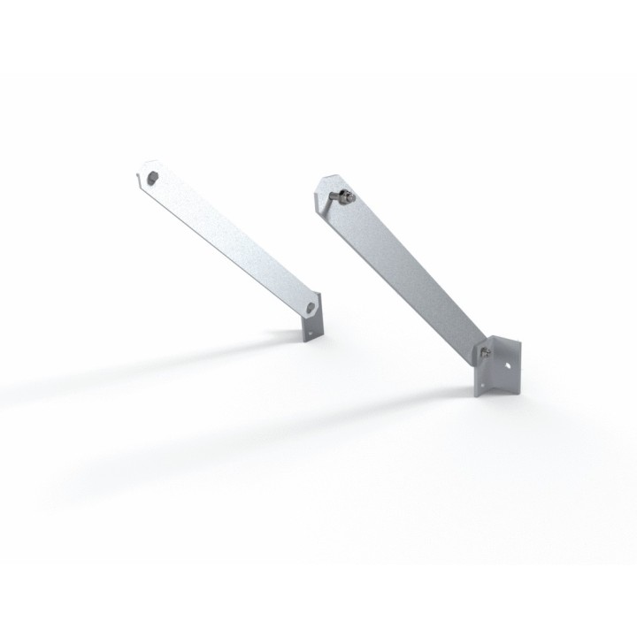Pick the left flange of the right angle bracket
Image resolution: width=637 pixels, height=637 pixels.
tap(481, 376)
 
